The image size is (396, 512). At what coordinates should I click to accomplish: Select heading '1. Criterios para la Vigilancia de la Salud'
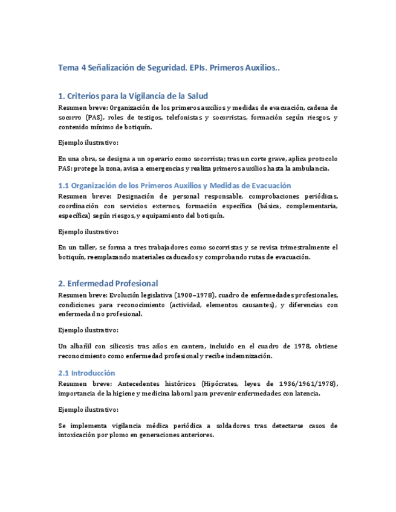[133, 96]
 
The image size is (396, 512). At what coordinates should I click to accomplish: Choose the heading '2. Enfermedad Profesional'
[108, 283]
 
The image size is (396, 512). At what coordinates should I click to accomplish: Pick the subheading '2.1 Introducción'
[86, 373]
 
